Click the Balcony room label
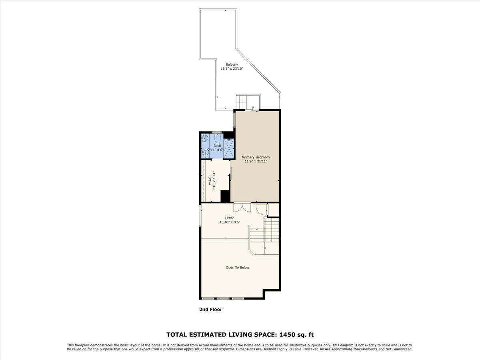pos(232,64)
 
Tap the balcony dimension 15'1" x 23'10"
pos(232,69)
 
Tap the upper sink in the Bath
pos(205,139)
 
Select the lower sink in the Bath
pos(205,152)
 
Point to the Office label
pos(229,218)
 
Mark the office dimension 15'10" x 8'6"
pos(229,222)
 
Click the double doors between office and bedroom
pos(242,207)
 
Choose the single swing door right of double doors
pos(261,208)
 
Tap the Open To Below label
pos(237,268)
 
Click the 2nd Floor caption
pos(210,310)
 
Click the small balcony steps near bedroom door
pos(242,102)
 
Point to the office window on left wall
pos(200,216)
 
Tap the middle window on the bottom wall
pos(223,298)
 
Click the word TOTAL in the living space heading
pos(176,334)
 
